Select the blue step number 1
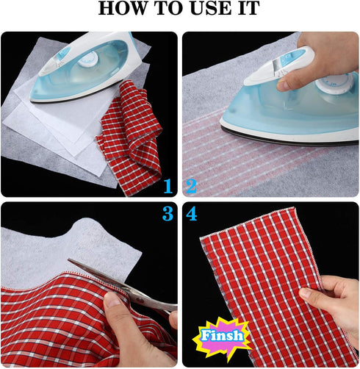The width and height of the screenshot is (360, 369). (168, 187)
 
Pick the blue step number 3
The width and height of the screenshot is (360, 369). (168, 215)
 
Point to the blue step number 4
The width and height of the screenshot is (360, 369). (192, 215)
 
